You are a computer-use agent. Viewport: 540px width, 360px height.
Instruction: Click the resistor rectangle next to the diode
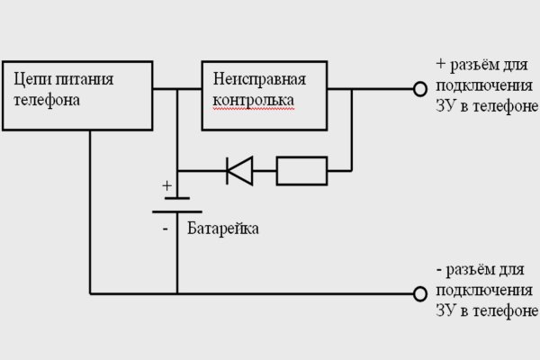point(301,169)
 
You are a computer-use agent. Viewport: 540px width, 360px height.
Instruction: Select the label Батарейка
point(223,229)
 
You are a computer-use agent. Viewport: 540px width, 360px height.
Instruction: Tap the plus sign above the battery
point(166,186)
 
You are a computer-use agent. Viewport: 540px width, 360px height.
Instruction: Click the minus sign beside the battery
point(166,229)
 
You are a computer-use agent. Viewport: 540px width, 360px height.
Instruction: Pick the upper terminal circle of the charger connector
point(418,89)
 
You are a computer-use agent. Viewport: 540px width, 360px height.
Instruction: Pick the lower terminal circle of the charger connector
point(418,293)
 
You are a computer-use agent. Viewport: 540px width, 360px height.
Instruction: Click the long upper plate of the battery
point(176,197)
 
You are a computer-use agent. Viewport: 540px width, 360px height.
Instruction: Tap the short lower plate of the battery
point(176,212)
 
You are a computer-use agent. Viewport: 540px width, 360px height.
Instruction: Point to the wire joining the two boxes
point(176,89)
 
